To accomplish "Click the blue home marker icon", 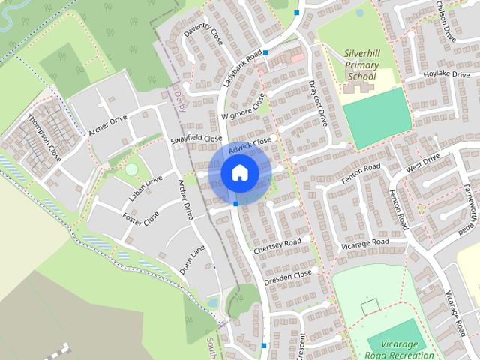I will [x=239, y=173].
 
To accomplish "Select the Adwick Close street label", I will [x=250, y=143].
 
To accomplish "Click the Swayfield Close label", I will [x=197, y=139].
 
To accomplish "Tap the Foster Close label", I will [x=141, y=218].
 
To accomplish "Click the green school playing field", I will [x=377, y=118].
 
